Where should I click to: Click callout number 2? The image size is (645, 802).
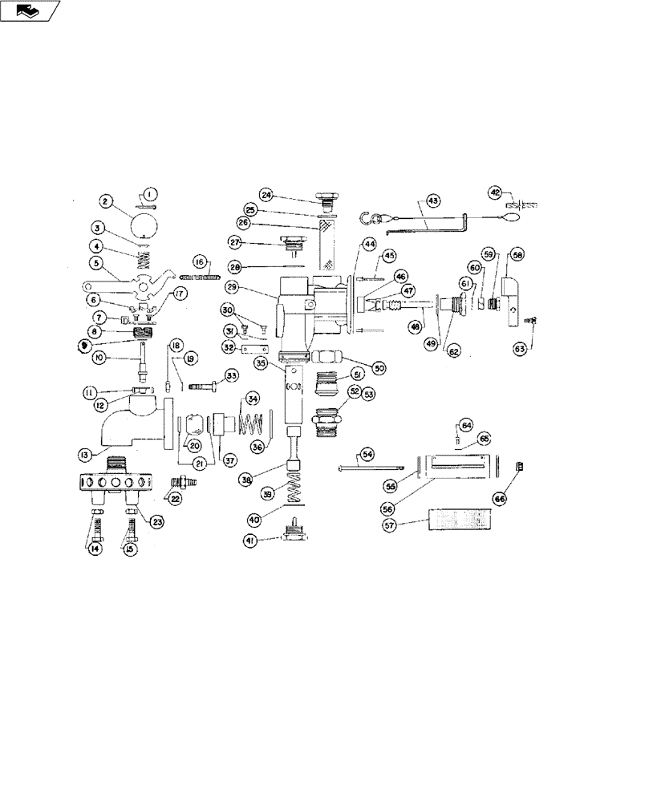coord(104,200)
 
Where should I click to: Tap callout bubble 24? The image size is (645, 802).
coord(267,194)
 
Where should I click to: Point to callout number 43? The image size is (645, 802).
coord(432,200)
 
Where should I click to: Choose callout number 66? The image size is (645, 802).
coord(523,498)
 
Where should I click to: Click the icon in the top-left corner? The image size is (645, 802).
coord(30,10)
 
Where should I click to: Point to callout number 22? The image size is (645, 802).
coord(174,498)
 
